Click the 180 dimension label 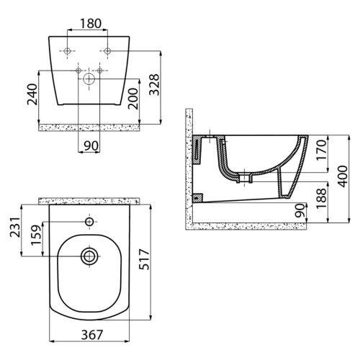(91, 24)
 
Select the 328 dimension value (154, 85)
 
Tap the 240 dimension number (32, 94)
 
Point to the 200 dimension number (133, 99)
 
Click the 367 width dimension (92, 335)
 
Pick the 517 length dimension (144, 259)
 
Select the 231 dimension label (15, 227)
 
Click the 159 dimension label (36, 235)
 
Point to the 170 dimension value (322, 150)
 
